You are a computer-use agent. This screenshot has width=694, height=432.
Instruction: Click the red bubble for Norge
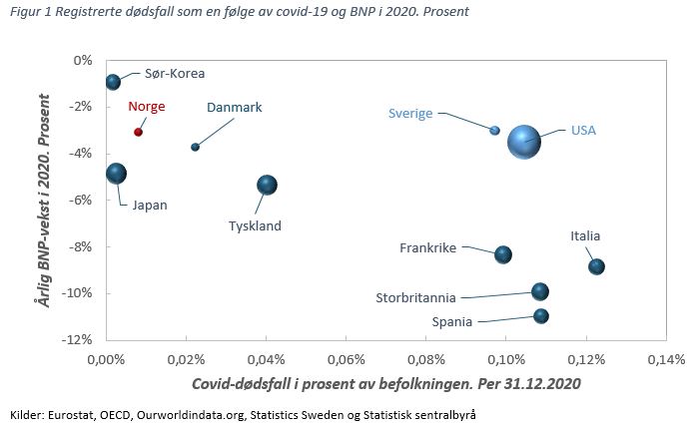point(138,132)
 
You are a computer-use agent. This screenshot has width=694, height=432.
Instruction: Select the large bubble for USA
point(524,141)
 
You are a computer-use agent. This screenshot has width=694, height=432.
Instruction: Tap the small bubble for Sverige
point(495,130)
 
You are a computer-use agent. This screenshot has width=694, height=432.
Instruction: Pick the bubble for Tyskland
point(267,185)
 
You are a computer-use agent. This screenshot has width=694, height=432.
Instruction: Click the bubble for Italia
point(596,266)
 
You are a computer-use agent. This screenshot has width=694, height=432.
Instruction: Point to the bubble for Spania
point(541,316)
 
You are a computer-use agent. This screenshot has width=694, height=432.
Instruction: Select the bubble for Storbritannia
point(540,291)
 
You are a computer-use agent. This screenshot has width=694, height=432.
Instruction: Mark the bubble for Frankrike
point(503,254)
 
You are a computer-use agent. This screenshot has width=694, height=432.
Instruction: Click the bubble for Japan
point(116,173)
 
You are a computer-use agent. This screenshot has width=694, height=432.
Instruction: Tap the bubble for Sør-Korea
point(113,82)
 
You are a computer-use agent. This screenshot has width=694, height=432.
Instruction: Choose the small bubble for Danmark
point(195,147)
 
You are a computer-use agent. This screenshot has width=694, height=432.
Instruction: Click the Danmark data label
point(234,107)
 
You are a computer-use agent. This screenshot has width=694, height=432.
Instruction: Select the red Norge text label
point(146,106)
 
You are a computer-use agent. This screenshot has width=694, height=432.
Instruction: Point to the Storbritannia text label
point(415,297)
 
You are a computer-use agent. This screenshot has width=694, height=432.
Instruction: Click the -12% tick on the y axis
point(78,340)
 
